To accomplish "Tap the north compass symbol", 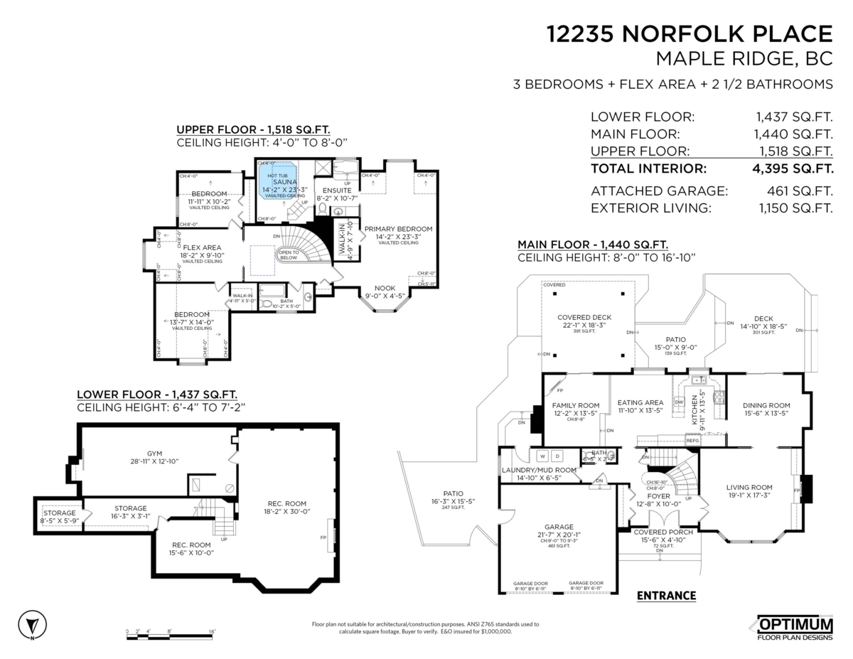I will (31, 625).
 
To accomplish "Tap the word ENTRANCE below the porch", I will (666, 596).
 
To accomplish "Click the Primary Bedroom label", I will (398, 229).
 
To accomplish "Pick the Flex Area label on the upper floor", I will (202, 247).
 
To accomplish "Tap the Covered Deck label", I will (584, 317).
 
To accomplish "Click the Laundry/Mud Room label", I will (538, 470).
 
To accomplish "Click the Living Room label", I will (749, 487).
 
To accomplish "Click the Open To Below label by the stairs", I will (288, 255).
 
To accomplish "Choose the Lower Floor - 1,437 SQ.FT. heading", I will (157, 394).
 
